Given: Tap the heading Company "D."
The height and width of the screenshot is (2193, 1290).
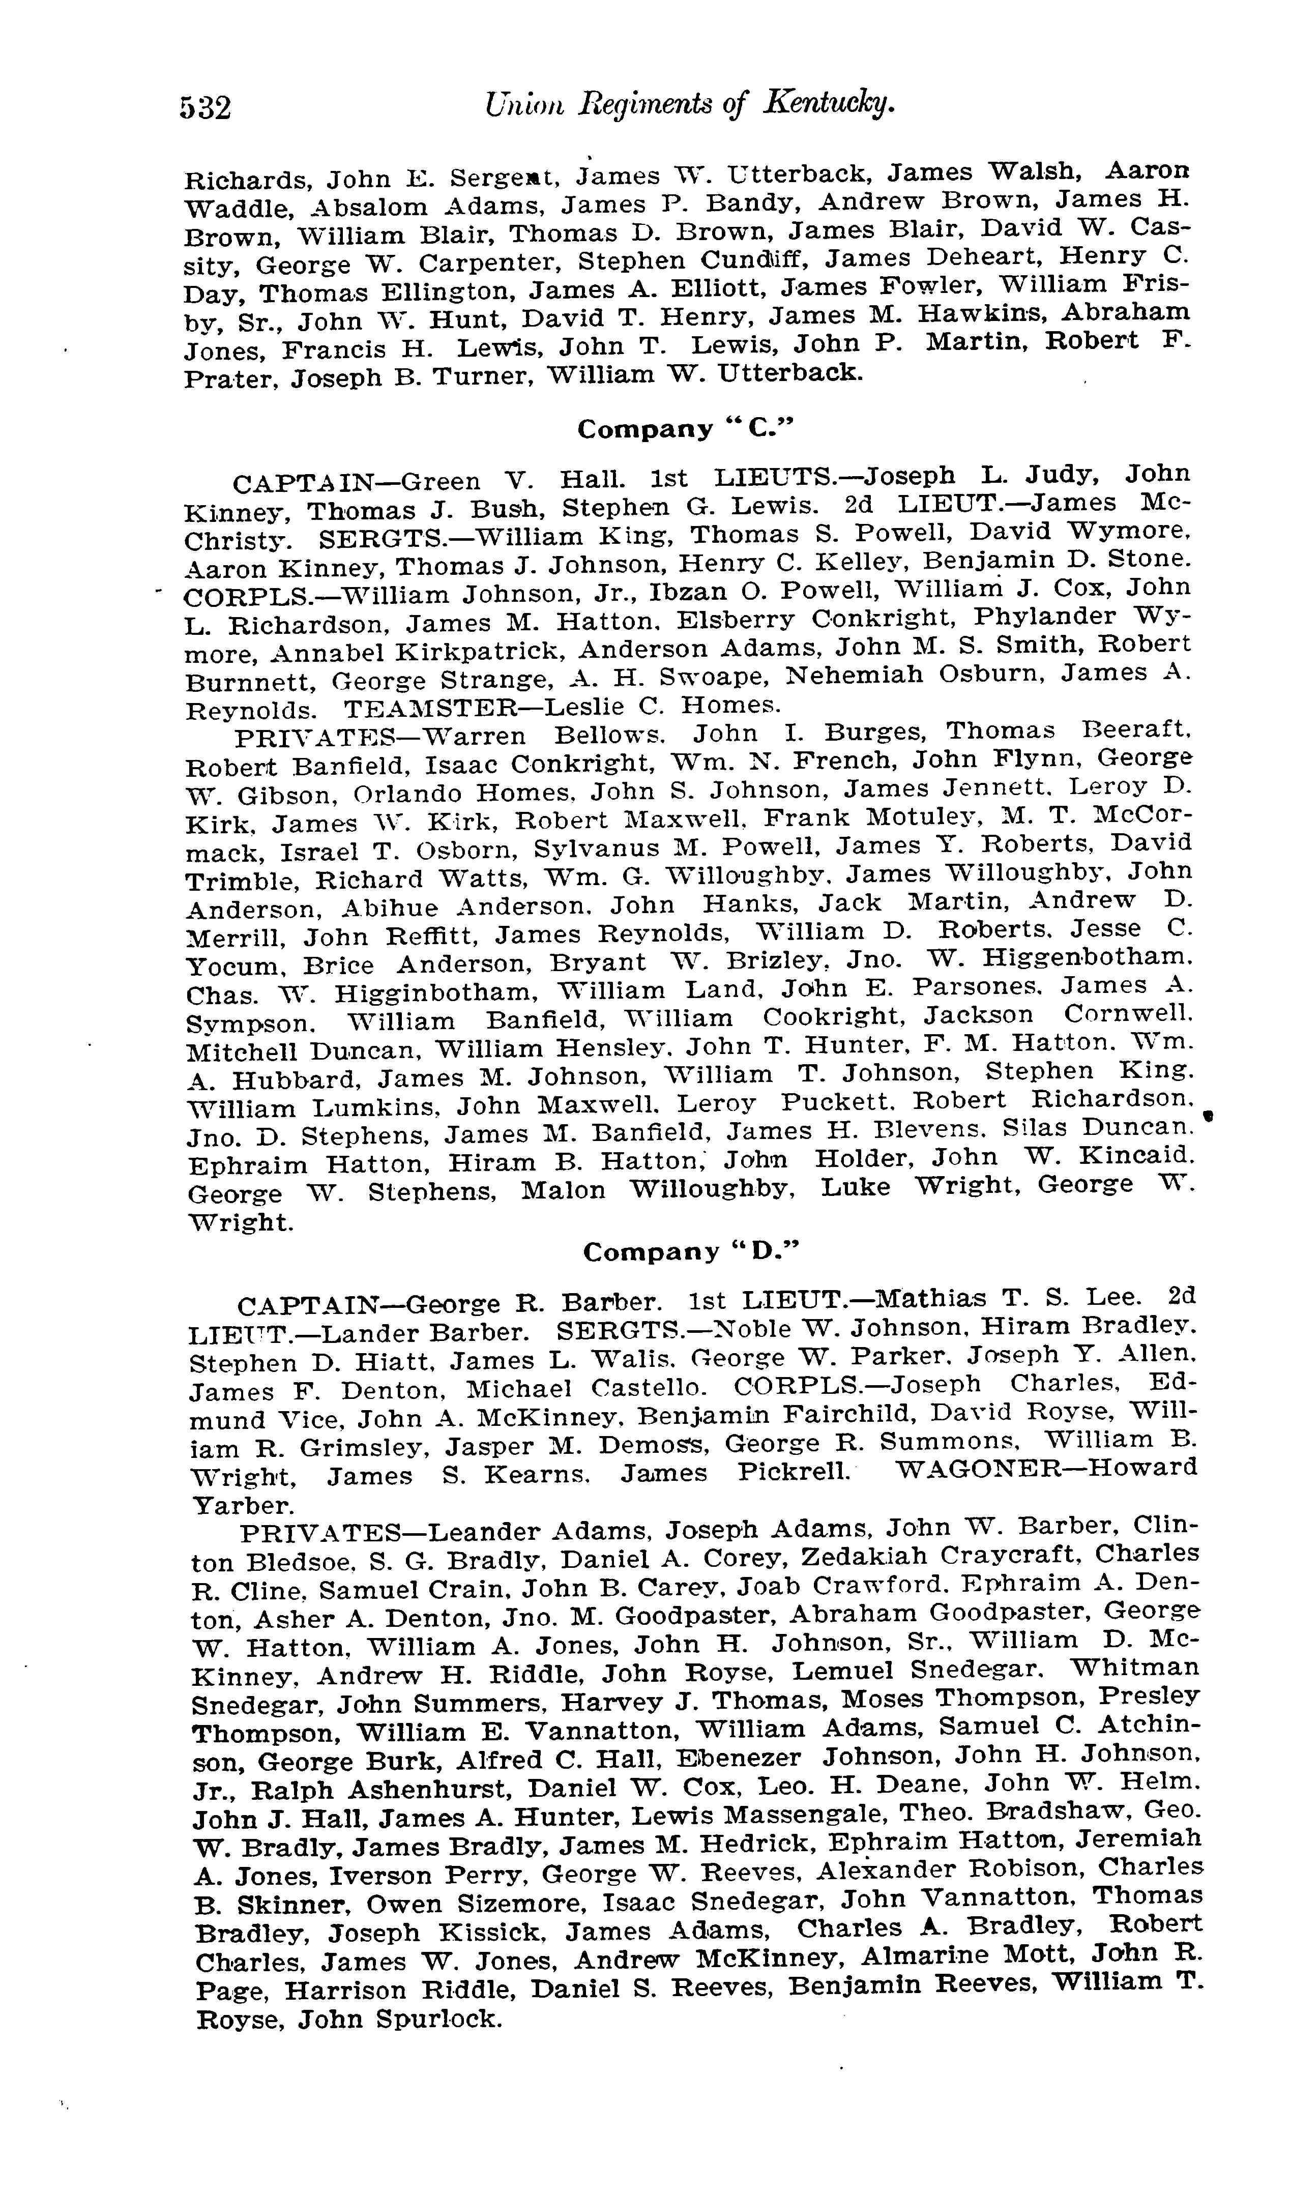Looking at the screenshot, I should point(690,1252).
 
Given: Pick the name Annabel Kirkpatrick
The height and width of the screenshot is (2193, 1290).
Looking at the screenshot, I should point(417,652).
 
